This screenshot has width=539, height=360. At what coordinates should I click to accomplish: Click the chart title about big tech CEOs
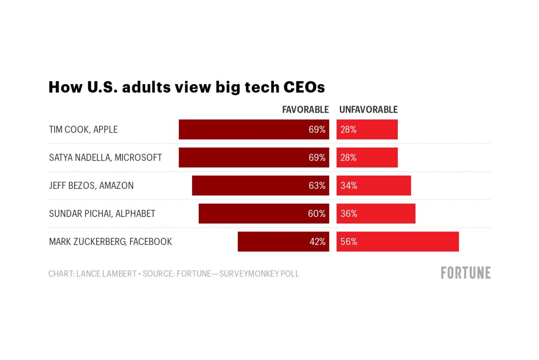[x=186, y=87]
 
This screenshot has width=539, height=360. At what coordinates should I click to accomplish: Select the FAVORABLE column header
[x=305, y=109]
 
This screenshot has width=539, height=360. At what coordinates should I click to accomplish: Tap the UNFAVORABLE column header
[x=368, y=109]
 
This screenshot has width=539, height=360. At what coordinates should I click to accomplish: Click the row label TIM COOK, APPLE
[x=83, y=130]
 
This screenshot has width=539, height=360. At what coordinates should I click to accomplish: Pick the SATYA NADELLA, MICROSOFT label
[x=105, y=158]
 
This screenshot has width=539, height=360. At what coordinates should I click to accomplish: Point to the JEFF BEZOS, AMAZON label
[x=91, y=186]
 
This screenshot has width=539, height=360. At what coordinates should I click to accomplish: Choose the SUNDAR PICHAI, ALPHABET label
[x=102, y=214]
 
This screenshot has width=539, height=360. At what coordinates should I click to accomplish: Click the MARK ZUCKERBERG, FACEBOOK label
[x=110, y=242]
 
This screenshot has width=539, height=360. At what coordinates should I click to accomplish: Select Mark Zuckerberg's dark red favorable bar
[x=273, y=242]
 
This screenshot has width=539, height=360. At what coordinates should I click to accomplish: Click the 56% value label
[x=348, y=242]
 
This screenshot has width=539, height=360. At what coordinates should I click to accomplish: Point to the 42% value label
[x=317, y=242]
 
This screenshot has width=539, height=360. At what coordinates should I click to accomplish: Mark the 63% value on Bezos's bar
[x=317, y=186]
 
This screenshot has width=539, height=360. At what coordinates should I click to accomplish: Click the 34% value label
[x=348, y=186]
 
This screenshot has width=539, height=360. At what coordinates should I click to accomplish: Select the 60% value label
[x=316, y=214]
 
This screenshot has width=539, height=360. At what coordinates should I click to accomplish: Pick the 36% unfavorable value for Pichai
[x=348, y=214]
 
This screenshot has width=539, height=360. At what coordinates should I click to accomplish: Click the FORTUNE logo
[x=465, y=273]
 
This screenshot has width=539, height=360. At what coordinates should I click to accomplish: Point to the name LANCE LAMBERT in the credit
[x=106, y=274]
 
